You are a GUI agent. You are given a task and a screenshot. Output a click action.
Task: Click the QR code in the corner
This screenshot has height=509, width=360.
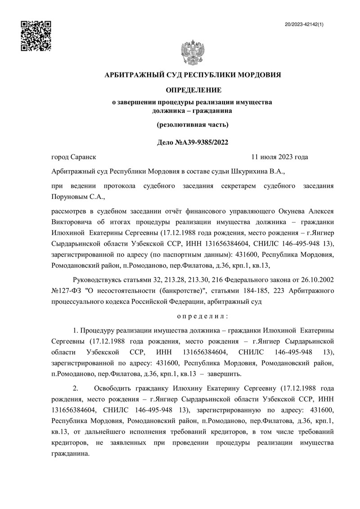point(36,36)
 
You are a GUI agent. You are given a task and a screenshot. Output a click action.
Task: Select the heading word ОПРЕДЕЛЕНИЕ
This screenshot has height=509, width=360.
point(192,91)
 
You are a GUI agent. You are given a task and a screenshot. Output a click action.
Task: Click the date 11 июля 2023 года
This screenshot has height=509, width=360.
point(279,157)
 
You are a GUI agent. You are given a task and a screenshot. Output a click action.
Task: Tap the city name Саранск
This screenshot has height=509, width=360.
point(84,157)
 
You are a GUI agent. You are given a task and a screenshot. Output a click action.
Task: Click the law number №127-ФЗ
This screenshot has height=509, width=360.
point(66,291)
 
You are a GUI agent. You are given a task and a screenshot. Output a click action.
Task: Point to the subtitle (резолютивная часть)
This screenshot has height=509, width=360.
point(192,124)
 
